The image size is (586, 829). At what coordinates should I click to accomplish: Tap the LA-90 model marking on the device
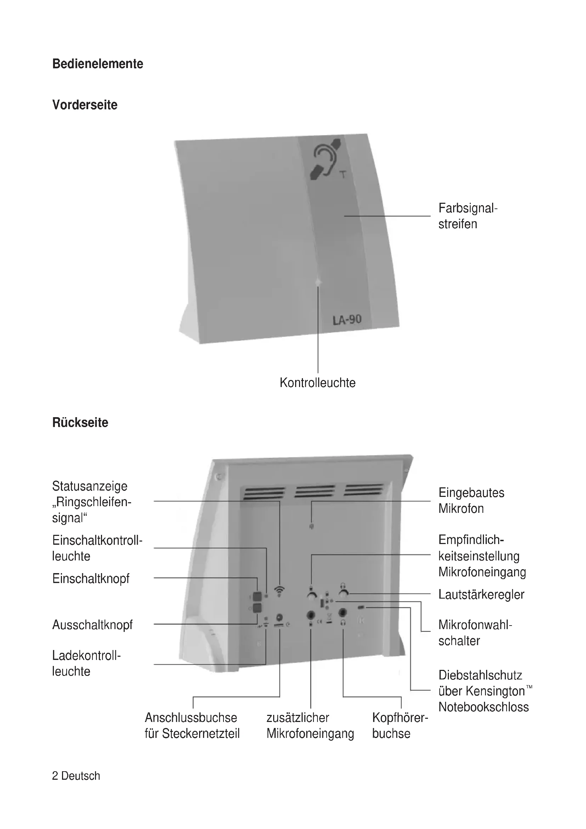coord(347,320)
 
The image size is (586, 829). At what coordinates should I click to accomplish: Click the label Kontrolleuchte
coord(317,383)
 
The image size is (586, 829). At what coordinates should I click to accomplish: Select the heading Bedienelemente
coord(97,64)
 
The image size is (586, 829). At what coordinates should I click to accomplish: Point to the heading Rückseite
coord(80,422)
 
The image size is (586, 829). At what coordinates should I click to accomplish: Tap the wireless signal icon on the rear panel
coord(279,591)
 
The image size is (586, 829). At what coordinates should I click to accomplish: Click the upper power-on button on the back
coord(257,596)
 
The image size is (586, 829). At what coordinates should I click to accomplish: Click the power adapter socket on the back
coord(279,617)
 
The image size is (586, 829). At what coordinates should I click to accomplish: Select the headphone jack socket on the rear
coord(343,613)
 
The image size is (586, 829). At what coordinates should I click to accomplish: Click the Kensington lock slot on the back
coord(361,608)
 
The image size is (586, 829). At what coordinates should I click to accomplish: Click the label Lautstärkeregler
coord(481,594)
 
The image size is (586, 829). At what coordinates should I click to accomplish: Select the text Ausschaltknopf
coord(92,624)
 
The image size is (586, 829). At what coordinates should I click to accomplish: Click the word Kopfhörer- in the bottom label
coord(400,717)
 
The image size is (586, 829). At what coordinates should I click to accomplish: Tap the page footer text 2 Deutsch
coord(76,775)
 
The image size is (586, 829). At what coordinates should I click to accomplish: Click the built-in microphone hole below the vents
coord(311,526)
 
